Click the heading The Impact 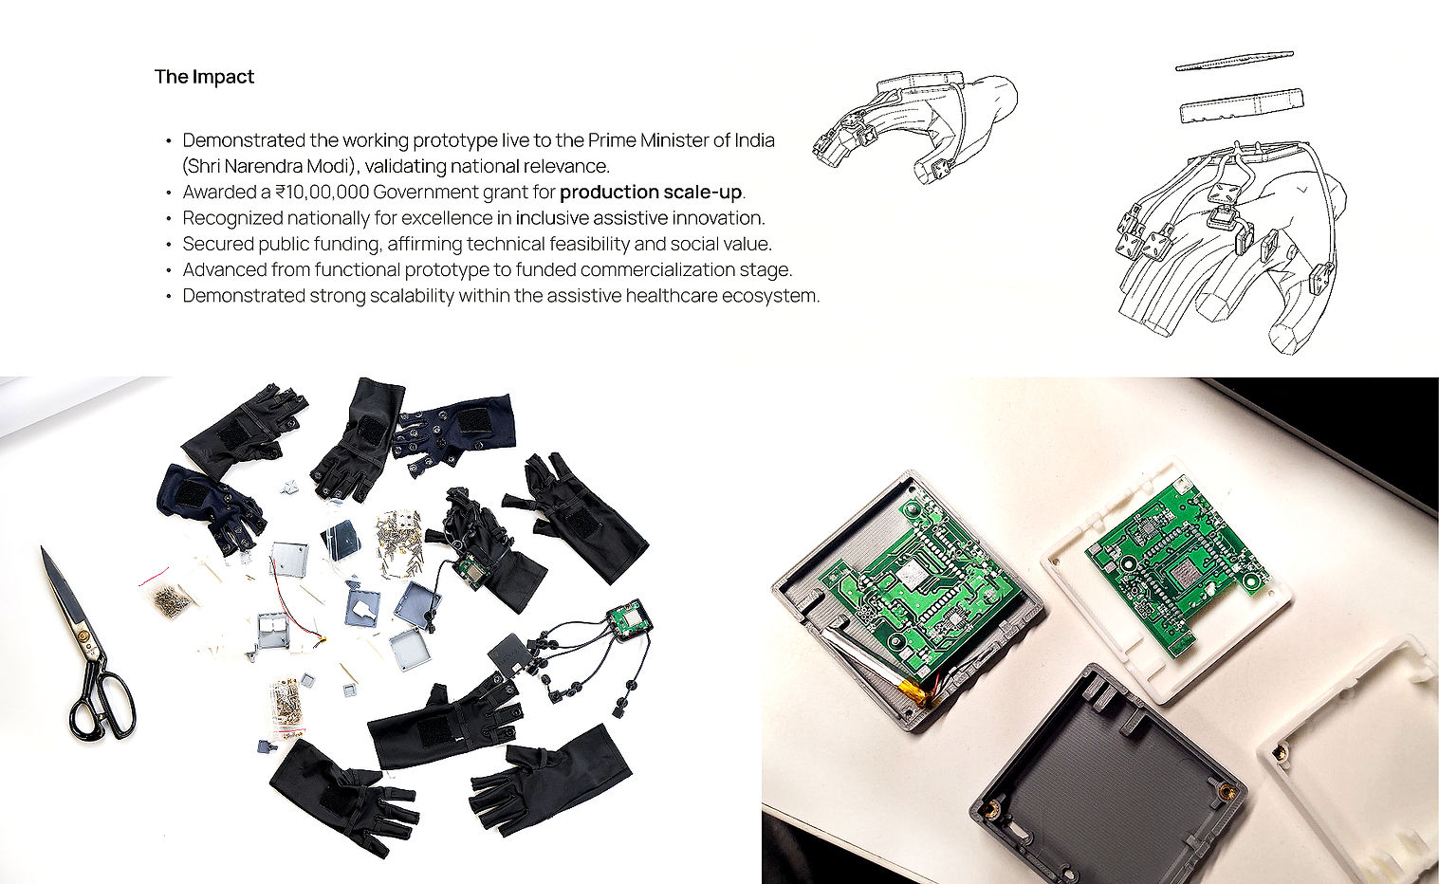[x=204, y=77]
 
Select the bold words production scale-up [x=651, y=193]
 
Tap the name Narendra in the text [x=263, y=166]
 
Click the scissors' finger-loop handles [x=102, y=707]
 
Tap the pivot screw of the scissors [x=83, y=636]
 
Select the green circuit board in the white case [x=1174, y=566]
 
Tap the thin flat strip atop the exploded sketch [x=1234, y=61]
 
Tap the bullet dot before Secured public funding [x=168, y=245]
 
